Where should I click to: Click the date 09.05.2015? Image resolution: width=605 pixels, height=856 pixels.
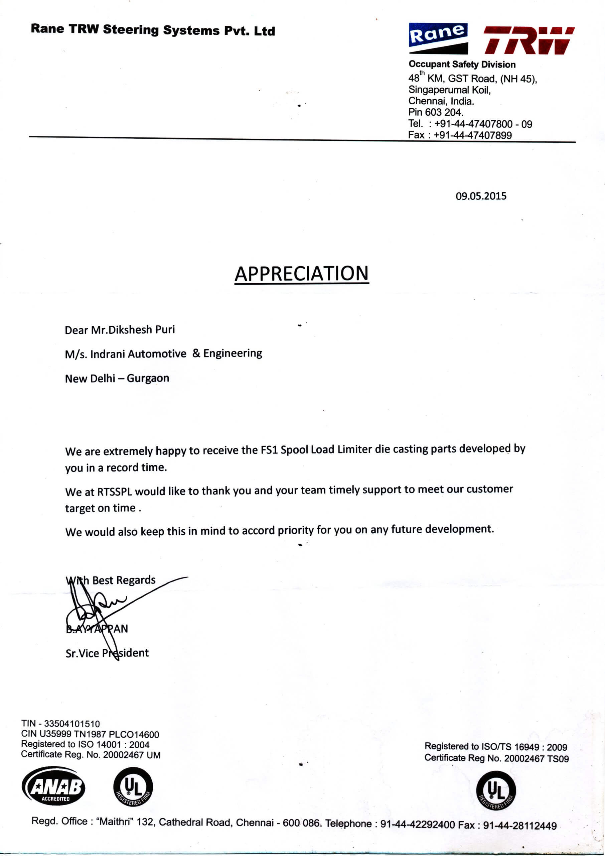481,196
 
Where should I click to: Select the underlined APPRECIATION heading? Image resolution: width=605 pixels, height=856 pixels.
301,274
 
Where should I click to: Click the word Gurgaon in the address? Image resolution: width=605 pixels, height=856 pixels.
148,379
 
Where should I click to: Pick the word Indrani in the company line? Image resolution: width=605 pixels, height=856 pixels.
107,354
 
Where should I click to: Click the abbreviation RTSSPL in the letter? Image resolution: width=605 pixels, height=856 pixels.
115,492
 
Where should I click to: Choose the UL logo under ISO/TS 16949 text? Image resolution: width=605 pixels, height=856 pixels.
496,790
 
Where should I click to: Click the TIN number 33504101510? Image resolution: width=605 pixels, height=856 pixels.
72,724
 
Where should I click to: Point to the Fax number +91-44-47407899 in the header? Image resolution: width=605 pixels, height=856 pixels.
473,135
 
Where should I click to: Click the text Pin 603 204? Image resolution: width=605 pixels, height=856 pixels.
436,112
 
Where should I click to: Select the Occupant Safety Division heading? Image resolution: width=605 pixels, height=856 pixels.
462,65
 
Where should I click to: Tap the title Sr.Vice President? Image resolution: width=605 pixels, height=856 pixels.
107,653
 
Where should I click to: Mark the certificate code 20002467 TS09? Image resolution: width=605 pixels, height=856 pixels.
536,758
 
